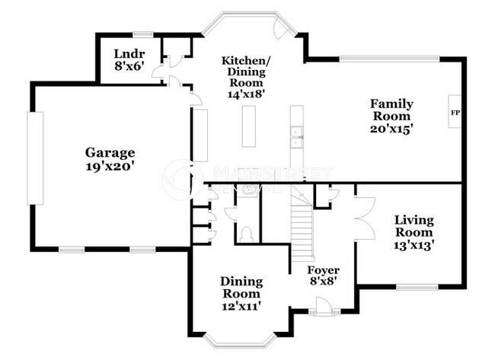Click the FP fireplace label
pyautogui.click(x=455, y=113)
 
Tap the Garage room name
pyautogui.click(x=110, y=152)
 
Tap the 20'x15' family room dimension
pyautogui.click(x=392, y=129)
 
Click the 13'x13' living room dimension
pyautogui.click(x=414, y=245)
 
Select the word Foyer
pyautogui.click(x=323, y=270)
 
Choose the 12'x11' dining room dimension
pyautogui.click(x=241, y=305)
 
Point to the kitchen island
pyautogui.click(x=247, y=126)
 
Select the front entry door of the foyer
pyautogui.click(x=323, y=309)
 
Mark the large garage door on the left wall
pyautogui.click(x=35, y=158)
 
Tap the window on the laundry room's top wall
pyautogui.click(x=143, y=33)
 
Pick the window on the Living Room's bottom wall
pyautogui.click(x=416, y=287)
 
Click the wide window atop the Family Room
pyautogui.click(x=388, y=58)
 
